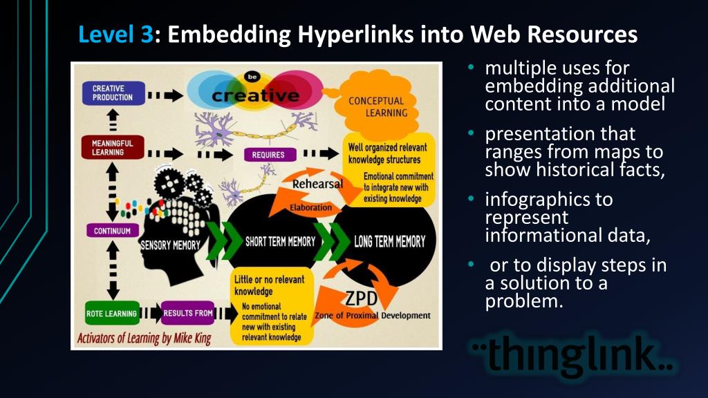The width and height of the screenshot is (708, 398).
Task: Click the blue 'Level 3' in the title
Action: coord(115,34)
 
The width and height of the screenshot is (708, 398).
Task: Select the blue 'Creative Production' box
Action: coord(113,93)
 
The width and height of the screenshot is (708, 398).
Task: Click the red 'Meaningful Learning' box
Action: coord(113,148)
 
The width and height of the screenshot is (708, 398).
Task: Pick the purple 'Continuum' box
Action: coord(112,231)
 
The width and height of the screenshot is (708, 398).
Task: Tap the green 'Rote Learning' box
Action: coord(111,314)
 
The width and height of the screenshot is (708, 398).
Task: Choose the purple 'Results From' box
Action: coord(187,314)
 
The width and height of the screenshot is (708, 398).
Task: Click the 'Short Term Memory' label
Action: coord(280,242)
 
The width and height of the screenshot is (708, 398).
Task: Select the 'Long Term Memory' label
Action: coord(389,242)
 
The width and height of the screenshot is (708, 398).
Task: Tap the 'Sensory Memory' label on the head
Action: coord(171,245)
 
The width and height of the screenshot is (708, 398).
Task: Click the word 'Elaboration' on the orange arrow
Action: coord(310,207)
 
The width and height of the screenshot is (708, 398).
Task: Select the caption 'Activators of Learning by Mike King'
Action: coord(144,339)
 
